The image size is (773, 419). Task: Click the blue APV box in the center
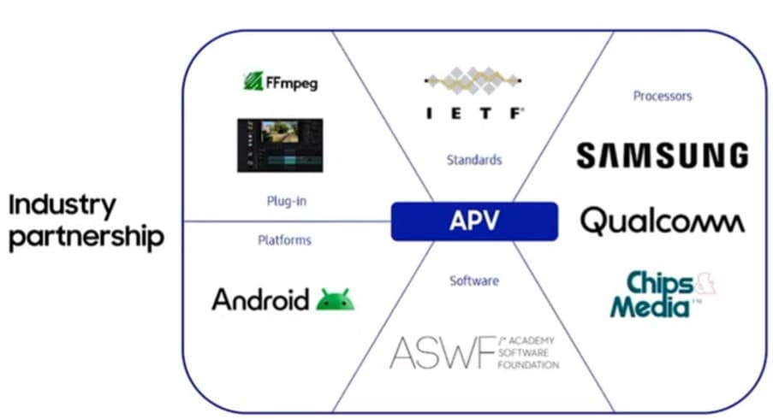[x=474, y=221]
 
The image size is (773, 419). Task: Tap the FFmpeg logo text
[x=292, y=83]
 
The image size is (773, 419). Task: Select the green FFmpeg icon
[x=253, y=81]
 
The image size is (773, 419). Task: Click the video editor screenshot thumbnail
[x=280, y=145]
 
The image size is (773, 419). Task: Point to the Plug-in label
[x=287, y=201]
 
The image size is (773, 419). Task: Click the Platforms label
[x=284, y=240]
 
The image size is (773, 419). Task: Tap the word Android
[x=260, y=299]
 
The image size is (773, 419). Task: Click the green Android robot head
[x=336, y=299]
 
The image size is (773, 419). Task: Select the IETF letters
[x=474, y=114]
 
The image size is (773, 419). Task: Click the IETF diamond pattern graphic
[x=473, y=80]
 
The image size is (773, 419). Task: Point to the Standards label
[x=474, y=160]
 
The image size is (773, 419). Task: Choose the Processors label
[x=662, y=96]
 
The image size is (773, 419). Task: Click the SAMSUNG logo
[x=663, y=156]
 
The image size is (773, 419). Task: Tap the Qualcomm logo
[x=663, y=221]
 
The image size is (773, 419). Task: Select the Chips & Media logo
[x=663, y=294]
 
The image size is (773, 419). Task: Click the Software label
[x=474, y=281]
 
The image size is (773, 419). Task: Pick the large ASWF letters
[x=443, y=352]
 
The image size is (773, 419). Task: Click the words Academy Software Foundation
[x=528, y=353]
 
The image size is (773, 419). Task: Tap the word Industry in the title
[x=62, y=206]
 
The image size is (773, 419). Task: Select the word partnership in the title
[x=86, y=238]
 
